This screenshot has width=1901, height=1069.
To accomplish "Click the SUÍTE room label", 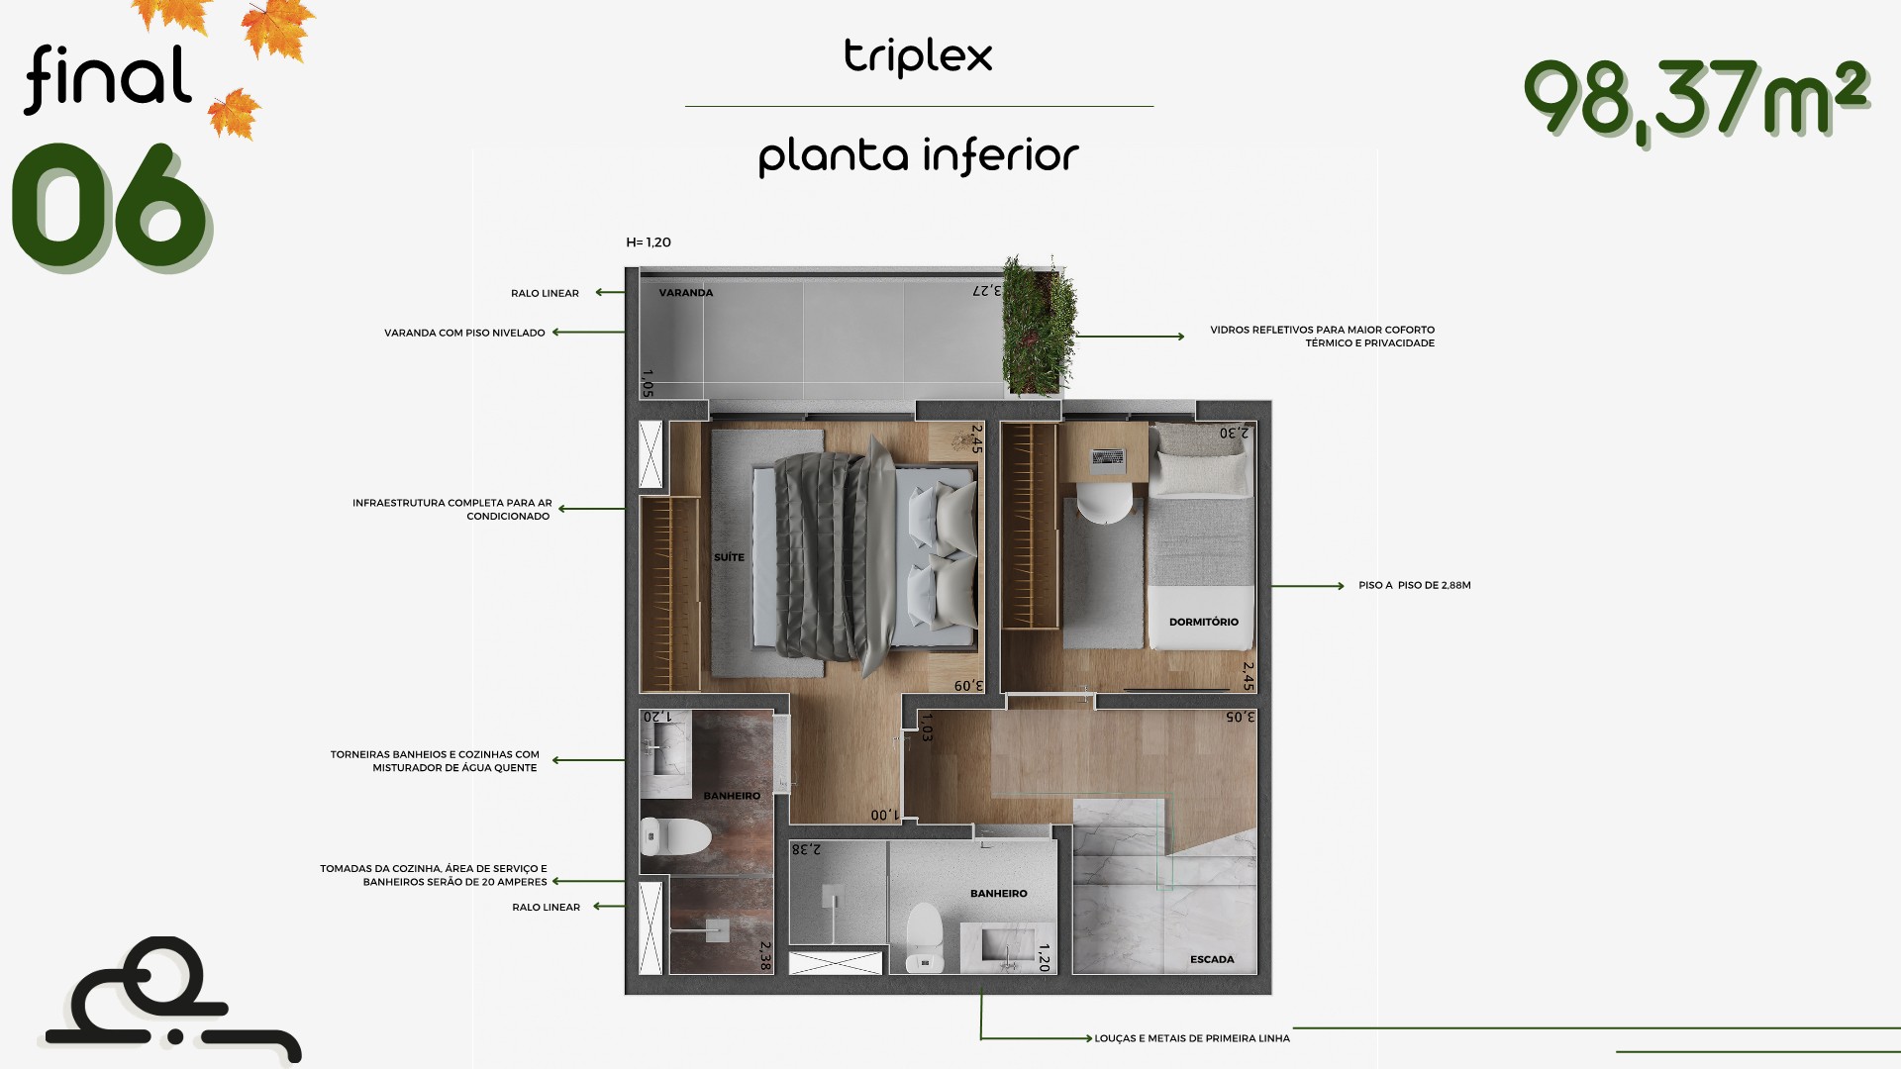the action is [x=729, y=557].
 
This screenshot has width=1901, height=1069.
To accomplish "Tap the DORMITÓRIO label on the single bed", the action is [x=1203, y=622].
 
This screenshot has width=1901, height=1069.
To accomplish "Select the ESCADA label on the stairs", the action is [x=1212, y=959].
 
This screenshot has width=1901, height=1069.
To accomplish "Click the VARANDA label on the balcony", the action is [x=686, y=293].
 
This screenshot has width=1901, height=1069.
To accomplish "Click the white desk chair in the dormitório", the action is [x=1104, y=502].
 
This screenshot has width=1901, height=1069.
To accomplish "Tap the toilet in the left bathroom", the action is [x=675, y=836].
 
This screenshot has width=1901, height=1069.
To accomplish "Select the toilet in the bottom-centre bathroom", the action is [x=925, y=937].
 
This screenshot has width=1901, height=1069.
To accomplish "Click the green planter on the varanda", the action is [x=1039, y=327].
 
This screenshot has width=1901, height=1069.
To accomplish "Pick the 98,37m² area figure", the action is [x=1695, y=98].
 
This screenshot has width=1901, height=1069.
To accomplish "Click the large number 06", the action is [x=109, y=206].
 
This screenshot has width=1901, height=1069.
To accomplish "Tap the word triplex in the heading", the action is [x=918, y=56].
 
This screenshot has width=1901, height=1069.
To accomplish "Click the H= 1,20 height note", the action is [x=649, y=243].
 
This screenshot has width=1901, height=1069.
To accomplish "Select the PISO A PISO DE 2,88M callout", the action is [x=1415, y=586].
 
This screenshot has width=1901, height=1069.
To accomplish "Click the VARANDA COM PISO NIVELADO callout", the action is [x=464, y=333].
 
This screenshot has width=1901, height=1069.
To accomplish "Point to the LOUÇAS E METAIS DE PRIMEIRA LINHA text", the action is [x=1192, y=1038].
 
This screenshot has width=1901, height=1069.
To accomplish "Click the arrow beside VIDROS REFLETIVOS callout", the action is [x=1130, y=337].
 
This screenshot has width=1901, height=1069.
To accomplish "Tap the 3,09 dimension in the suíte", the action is [x=968, y=685].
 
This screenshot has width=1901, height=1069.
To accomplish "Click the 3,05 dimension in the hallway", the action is [x=1240, y=717].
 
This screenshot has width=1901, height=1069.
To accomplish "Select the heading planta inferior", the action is [x=918, y=156].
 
